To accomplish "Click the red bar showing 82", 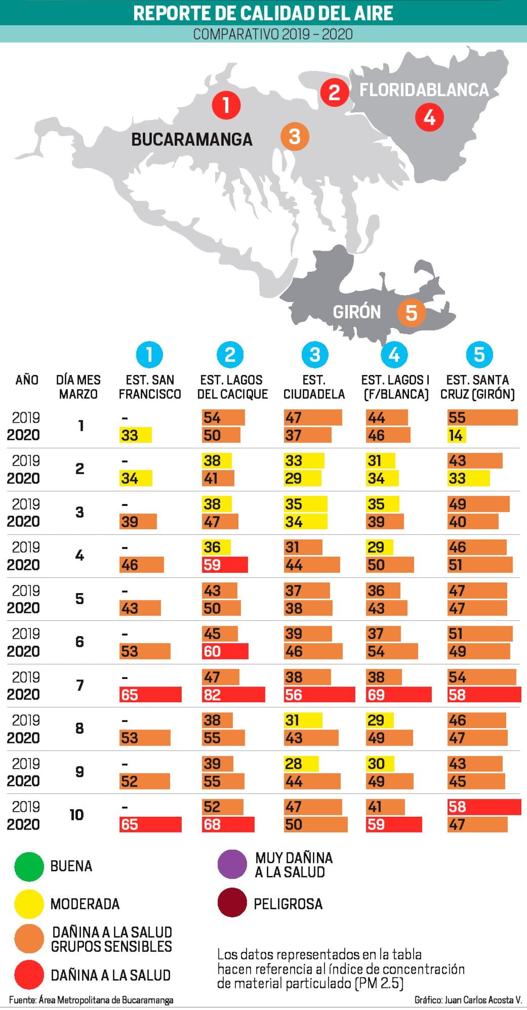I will (x=233, y=695).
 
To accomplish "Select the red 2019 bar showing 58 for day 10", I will (x=484, y=807).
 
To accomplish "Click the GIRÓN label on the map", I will (x=357, y=312).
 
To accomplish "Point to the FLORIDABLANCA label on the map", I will (x=424, y=90).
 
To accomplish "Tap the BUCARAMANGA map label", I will (x=192, y=140).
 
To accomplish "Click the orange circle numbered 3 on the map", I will (x=295, y=136).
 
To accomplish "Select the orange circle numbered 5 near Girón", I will (x=411, y=313).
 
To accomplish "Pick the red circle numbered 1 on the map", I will (x=226, y=105).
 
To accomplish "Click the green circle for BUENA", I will (x=29, y=866).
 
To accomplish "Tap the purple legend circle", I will (x=232, y=864).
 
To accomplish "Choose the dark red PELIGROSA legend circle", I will (x=232, y=903).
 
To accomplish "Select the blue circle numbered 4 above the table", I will (x=394, y=355).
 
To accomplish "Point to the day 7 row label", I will (x=79, y=685).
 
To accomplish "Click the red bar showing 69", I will (x=398, y=695).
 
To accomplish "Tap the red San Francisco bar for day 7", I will (x=150, y=695).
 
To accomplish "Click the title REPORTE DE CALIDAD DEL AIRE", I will (x=263, y=13).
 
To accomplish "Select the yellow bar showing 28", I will (x=301, y=764).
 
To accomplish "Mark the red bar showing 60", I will (x=225, y=651).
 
